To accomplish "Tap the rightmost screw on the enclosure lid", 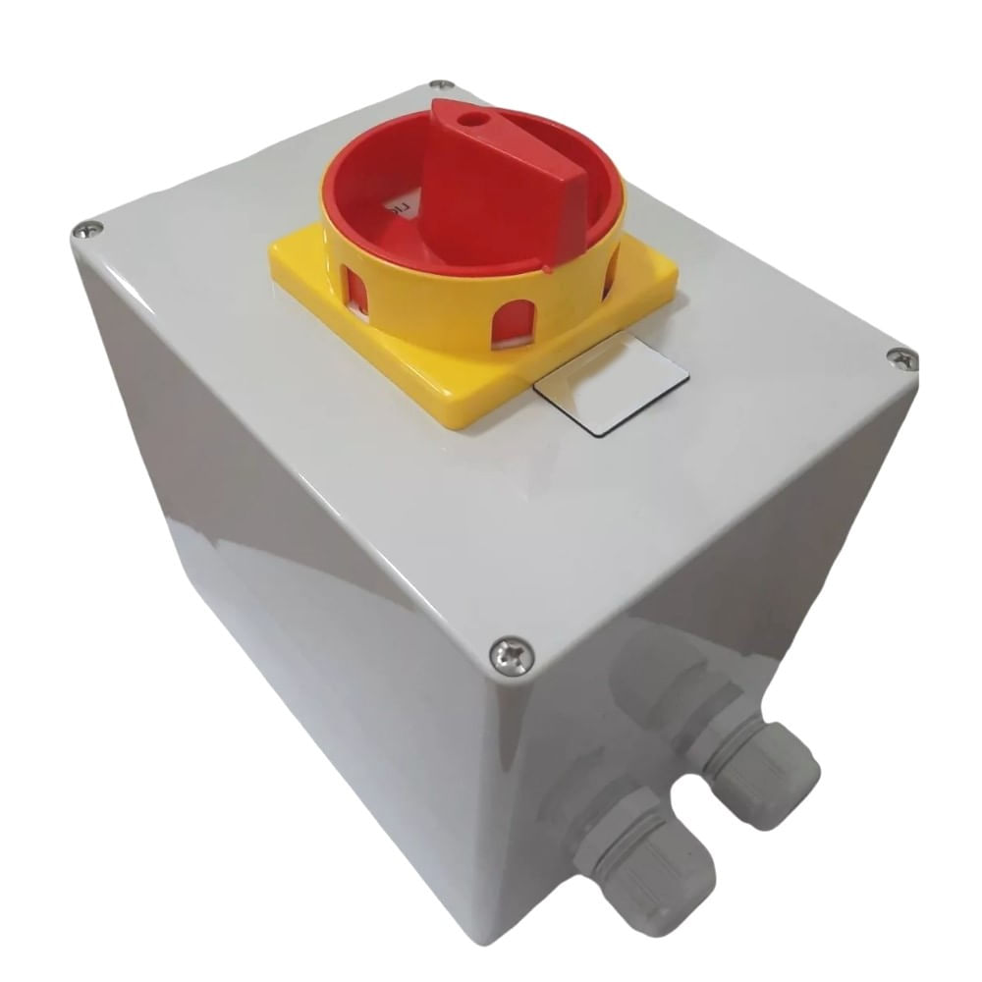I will [901, 359].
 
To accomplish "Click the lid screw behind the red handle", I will [442, 85].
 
